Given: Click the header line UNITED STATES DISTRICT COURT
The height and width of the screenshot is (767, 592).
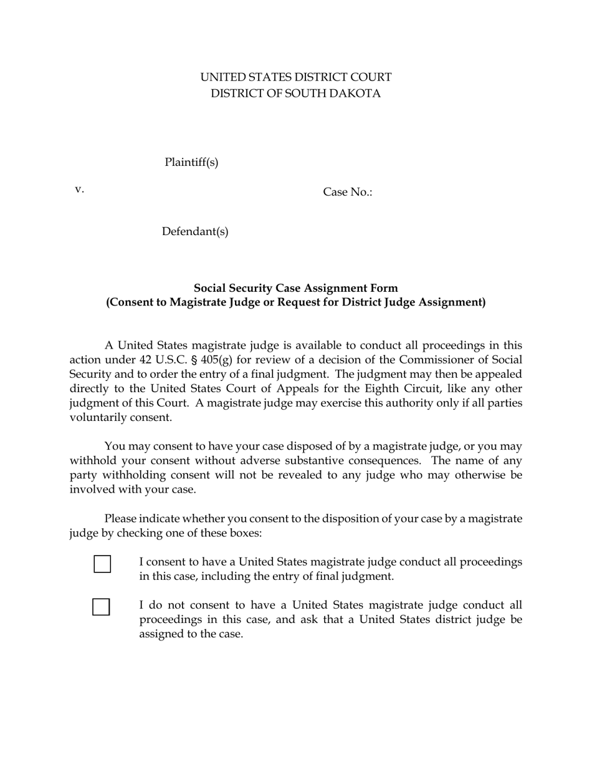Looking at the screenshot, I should (295, 77).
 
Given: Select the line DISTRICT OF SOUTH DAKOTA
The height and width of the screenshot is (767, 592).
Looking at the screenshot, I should (295, 94).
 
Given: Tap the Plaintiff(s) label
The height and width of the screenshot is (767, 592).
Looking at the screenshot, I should (191, 163).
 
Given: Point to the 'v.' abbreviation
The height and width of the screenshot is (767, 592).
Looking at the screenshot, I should (79, 190).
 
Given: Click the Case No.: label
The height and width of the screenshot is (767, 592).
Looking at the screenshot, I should (347, 192).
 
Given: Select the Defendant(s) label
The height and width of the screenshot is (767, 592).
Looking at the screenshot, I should (195, 232).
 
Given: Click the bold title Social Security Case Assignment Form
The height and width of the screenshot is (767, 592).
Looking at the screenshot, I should (295, 288).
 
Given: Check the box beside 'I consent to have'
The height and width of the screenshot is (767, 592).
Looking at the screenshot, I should (102, 564).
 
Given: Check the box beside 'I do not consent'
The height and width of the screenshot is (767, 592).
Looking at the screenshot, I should (101, 607).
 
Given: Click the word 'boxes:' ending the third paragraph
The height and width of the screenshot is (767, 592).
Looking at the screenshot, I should (245, 533).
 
